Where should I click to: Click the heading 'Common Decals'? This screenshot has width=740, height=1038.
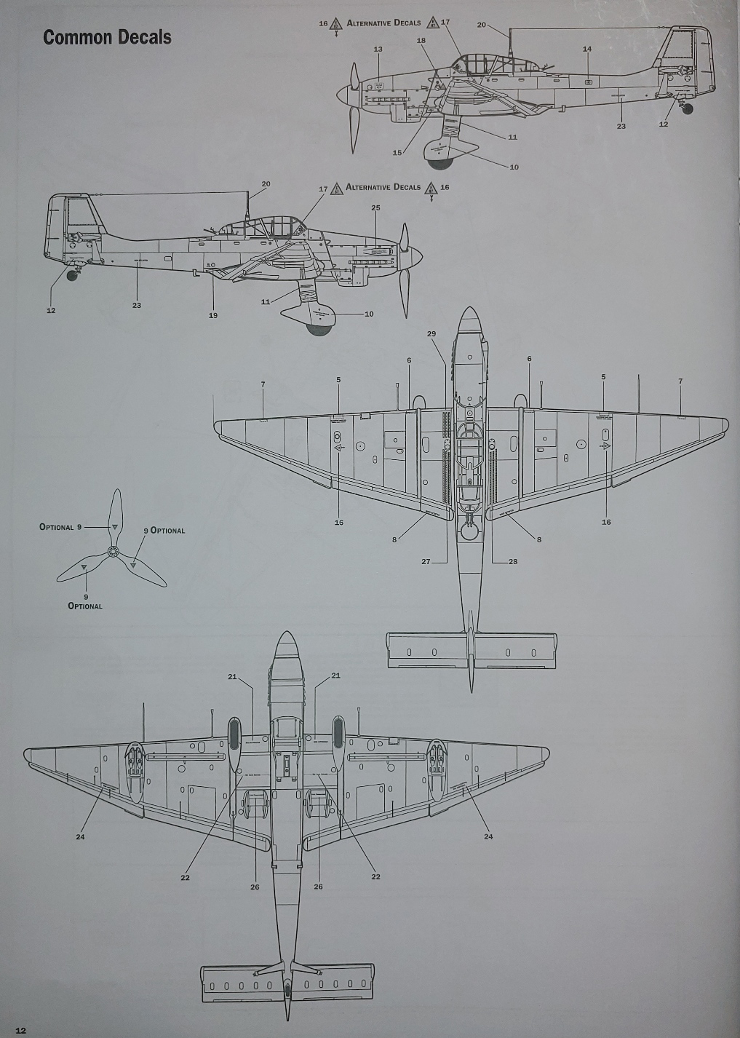[x=107, y=38]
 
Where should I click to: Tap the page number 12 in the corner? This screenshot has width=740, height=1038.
[x=20, y=1030]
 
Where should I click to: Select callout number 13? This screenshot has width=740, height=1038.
[x=378, y=49]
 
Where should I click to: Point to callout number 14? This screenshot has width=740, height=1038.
[x=587, y=49]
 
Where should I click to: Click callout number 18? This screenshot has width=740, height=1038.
[x=421, y=41]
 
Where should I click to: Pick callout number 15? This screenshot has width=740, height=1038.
[x=397, y=153]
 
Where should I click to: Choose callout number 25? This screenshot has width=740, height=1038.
[x=375, y=208]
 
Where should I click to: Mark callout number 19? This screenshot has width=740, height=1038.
[x=213, y=315]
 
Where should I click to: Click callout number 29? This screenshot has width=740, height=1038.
[x=431, y=333]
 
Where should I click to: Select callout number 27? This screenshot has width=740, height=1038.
[x=426, y=561]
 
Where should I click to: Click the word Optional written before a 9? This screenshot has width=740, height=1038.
[x=56, y=527]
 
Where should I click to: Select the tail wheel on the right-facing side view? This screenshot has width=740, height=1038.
[x=73, y=274]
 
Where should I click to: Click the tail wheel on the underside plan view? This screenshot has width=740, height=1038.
[x=287, y=989]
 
